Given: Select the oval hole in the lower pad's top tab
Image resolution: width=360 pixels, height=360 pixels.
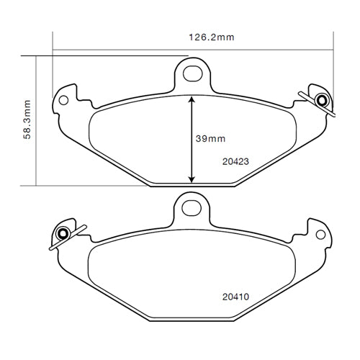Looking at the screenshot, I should pyautogui.click(x=192, y=208).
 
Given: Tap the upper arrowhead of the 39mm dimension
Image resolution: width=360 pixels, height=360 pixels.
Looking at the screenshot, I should pyautogui.click(x=192, y=99).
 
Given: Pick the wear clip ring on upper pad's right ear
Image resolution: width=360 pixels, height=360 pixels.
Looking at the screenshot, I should pyautogui.click(x=321, y=99).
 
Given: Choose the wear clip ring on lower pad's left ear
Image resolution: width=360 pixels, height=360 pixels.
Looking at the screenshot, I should pyautogui.click(x=63, y=233).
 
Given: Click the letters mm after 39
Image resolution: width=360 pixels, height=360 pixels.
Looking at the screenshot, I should pyautogui.click(x=218, y=138).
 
